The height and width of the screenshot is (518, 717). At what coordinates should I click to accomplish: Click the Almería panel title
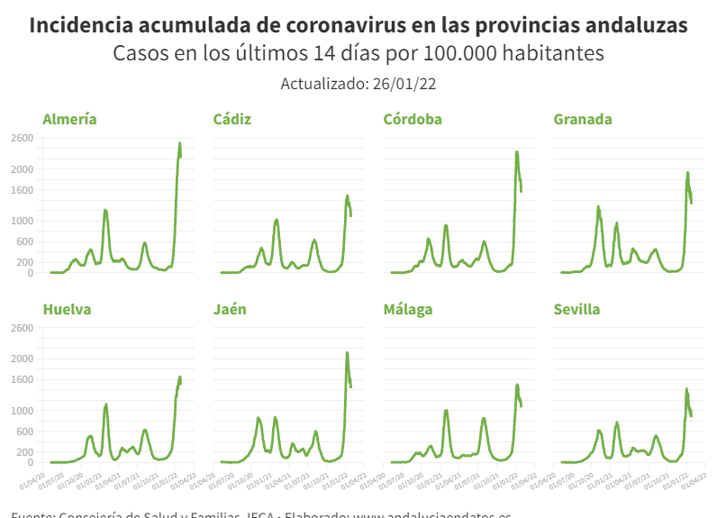click(x=70, y=119)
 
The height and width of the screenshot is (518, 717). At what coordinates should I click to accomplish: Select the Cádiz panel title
click(x=232, y=119)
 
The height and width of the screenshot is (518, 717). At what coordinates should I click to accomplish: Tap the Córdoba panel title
click(x=413, y=119)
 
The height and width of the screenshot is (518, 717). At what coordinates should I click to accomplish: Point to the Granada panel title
click(x=583, y=119)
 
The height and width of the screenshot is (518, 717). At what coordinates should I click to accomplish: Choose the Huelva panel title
click(x=67, y=309)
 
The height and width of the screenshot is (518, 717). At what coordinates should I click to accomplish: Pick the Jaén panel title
click(x=230, y=309)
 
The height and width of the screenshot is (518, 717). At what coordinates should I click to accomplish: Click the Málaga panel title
click(x=408, y=309)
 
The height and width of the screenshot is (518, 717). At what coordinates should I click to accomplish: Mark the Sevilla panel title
click(x=576, y=309)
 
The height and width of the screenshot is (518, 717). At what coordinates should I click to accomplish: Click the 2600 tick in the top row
click(x=22, y=138)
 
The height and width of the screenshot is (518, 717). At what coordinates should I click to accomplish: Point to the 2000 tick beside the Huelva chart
click(x=22, y=359)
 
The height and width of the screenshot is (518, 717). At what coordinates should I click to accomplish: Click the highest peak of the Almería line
click(x=179, y=143)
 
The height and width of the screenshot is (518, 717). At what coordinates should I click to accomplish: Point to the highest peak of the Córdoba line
click(x=517, y=151)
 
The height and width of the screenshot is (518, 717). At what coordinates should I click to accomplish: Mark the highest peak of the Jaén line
click(x=348, y=353)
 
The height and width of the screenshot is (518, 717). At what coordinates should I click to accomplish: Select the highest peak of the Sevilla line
click(x=686, y=389)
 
